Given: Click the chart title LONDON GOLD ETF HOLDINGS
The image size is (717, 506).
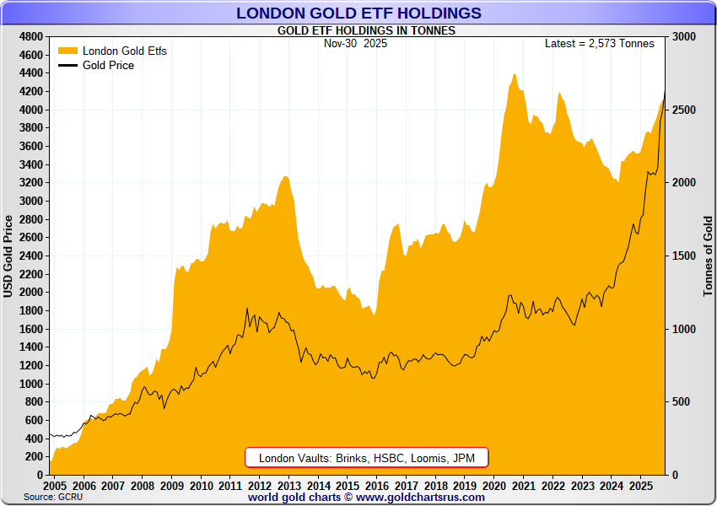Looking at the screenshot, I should (358, 13).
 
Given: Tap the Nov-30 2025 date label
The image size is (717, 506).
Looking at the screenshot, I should (355, 44).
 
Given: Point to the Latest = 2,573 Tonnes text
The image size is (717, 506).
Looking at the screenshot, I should (599, 44).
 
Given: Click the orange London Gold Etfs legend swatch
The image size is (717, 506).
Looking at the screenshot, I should (67, 51).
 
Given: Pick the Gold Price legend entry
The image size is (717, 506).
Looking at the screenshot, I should (108, 65).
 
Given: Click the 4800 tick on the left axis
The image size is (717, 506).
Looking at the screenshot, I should (31, 37).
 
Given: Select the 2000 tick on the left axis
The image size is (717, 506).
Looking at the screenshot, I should (31, 293).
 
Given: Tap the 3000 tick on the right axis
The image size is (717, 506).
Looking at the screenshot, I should (684, 37).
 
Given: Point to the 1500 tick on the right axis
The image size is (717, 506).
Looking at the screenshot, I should (684, 256).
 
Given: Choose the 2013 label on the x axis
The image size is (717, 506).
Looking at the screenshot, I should (288, 487).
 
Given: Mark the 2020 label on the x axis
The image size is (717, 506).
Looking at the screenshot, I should (494, 487).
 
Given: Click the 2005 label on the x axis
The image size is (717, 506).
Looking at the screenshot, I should (54, 487).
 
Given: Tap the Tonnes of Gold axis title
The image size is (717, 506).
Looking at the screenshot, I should (708, 256).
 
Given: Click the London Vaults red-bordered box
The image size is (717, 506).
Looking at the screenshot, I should (367, 458).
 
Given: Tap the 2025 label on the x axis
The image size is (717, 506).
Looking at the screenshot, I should (641, 487).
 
